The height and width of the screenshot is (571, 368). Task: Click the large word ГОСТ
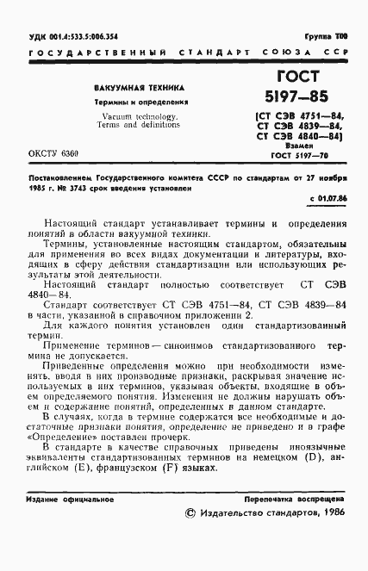[x=296, y=77]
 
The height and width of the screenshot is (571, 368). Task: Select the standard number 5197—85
[x=296, y=96]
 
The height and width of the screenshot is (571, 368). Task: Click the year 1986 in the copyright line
[x=330, y=537]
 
